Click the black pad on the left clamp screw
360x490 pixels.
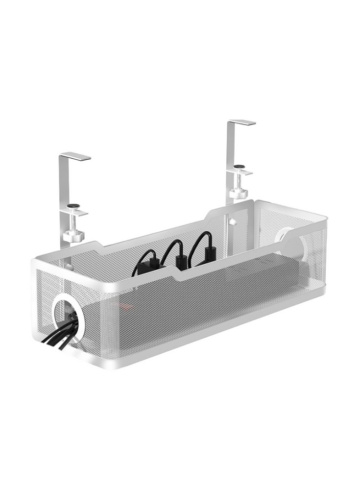coord(73,206)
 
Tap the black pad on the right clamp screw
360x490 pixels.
coord(239,167)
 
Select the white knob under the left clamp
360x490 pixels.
coord(73,236)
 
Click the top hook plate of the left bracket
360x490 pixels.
coord(75,156)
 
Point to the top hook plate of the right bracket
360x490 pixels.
coord(242,122)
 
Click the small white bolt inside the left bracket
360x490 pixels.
coord(69,268)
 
